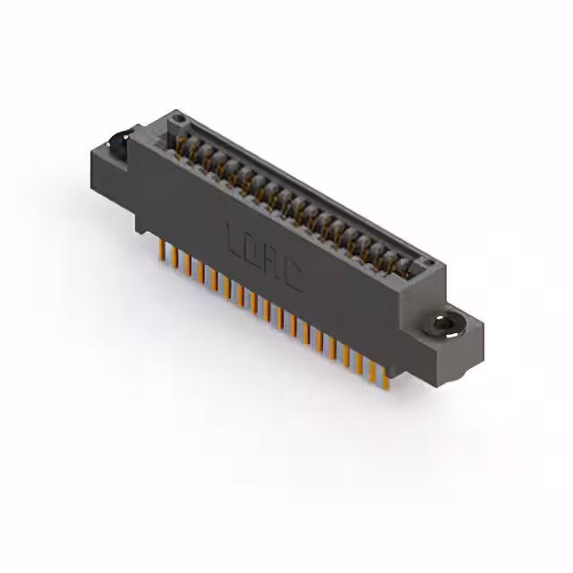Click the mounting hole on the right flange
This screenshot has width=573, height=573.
point(445,323)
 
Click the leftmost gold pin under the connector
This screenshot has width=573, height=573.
point(162,250)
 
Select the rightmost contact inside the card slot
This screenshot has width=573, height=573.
point(413,264)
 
